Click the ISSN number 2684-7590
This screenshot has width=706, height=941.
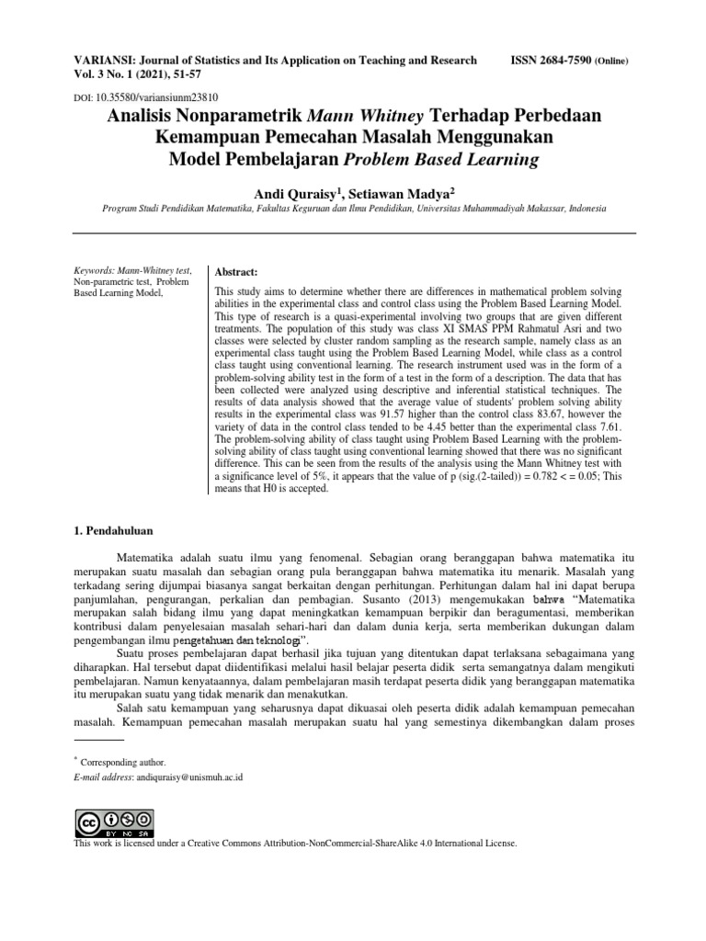[564, 61]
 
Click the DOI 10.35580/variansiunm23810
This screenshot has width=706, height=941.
[156, 96]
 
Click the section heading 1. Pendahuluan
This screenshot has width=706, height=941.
[111, 531]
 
